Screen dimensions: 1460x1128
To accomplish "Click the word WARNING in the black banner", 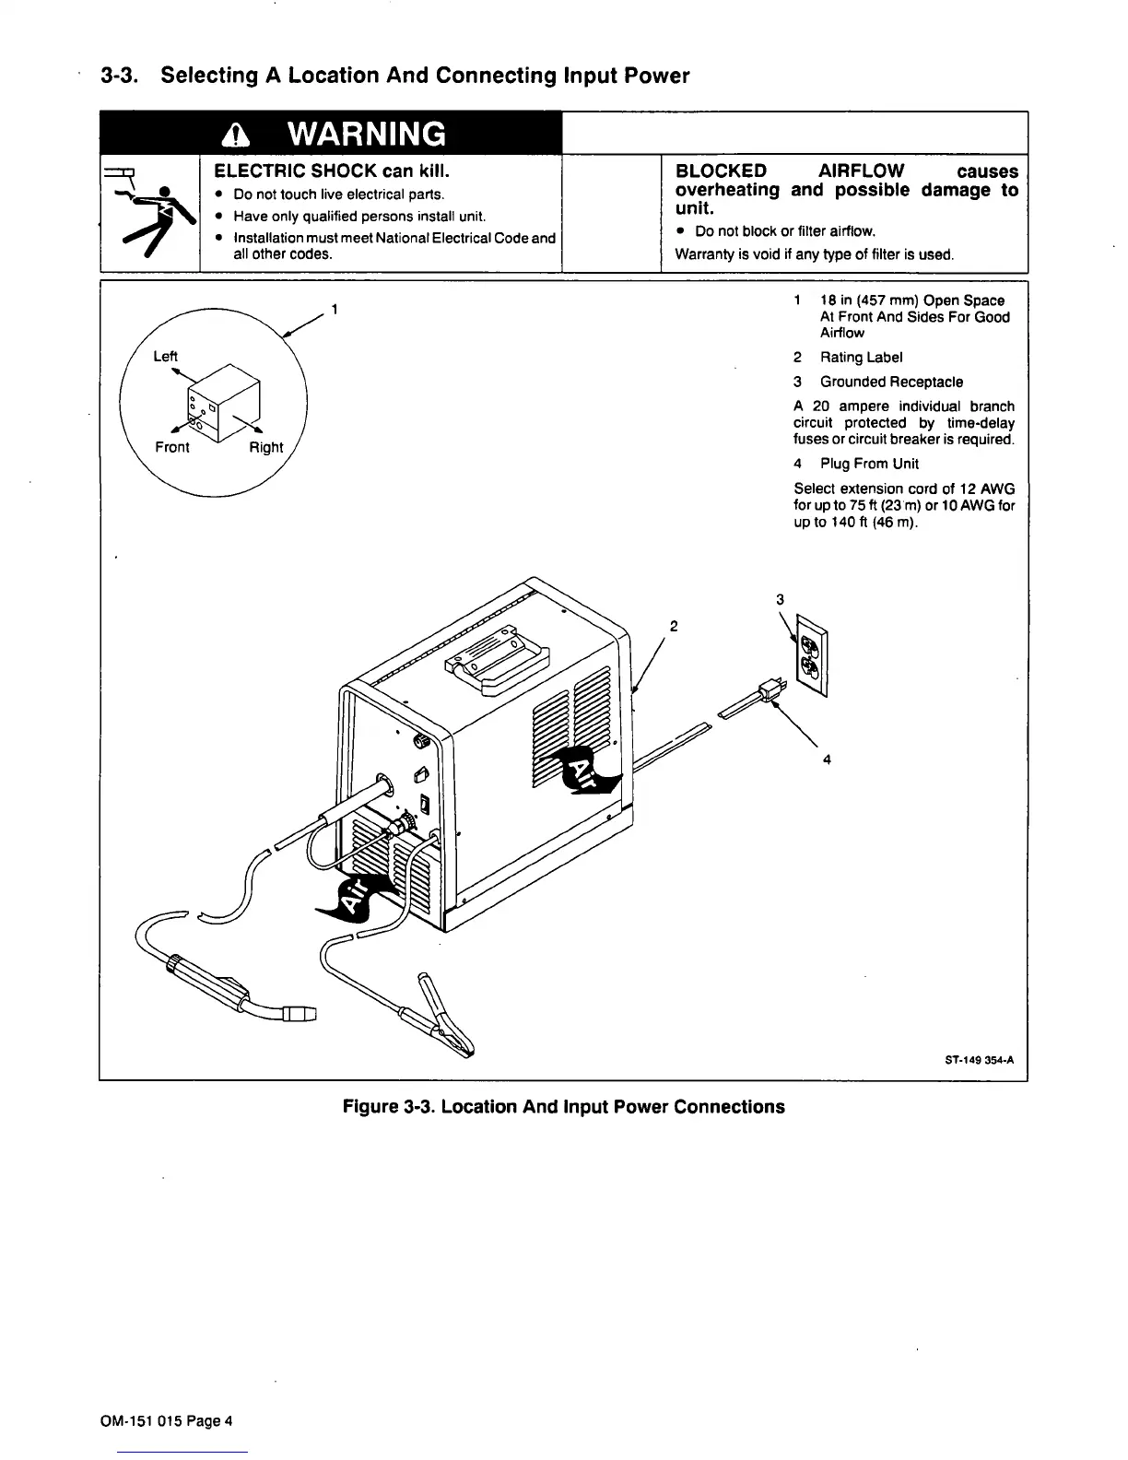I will click(366, 135).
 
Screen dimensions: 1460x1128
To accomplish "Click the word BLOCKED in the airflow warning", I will click(721, 171).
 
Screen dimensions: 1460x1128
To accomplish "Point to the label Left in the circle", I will click(165, 357).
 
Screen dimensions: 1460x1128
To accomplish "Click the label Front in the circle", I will click(171, 447).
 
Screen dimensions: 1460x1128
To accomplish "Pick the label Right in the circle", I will click(266, 447).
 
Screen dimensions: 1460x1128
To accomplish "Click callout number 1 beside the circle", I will click(335, 309).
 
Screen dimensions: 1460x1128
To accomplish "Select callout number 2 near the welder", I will click(674, 627).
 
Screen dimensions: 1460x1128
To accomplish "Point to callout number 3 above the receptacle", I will click(780, 600).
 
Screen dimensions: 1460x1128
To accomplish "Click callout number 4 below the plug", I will click(827, 759).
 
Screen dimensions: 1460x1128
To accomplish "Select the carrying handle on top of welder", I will click(498, 656).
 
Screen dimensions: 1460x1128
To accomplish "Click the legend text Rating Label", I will click(861, 358).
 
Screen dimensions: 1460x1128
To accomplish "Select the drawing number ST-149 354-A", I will click(979, 1060).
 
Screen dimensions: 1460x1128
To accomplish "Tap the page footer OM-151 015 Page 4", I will click(166, 1420).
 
